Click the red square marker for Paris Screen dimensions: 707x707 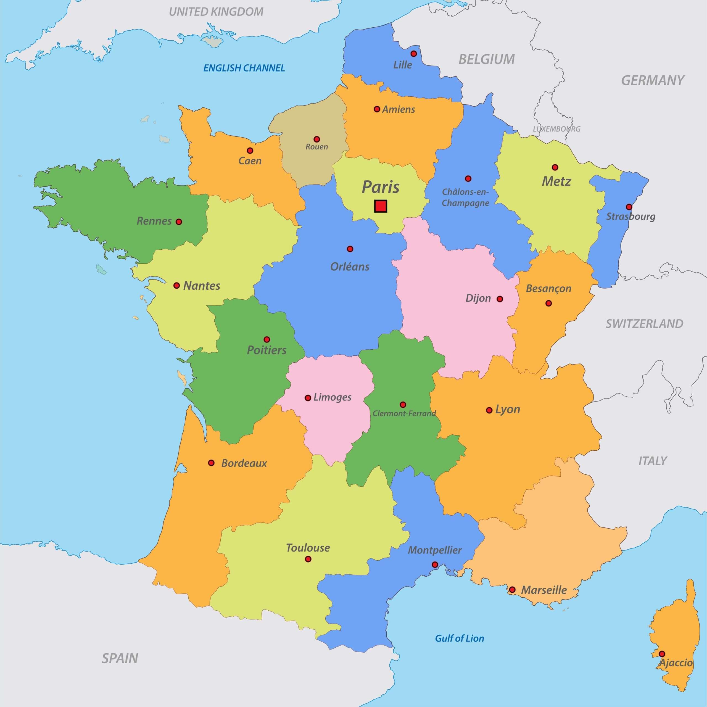click(x=381, y=206)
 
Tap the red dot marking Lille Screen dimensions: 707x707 click(x=413, y=54)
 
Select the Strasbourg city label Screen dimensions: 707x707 click(x=631, y=216)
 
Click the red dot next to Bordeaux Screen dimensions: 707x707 click(x=211, y=463)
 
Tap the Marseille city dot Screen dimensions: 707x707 click(x=512, y=590)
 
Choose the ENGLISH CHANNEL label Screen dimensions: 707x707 click(x=244, y=68)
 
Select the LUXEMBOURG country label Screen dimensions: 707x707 click(x=556, y=129)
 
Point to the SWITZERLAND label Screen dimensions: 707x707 click(x=644, y=323)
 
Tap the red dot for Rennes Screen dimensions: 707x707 click(x=179, y=222)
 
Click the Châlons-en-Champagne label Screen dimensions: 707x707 click(x=465, y=197)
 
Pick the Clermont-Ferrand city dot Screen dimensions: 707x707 click(x=403, y=405)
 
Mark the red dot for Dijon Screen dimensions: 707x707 click(x=500, y=299)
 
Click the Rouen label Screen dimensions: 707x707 click(x=316, y=147)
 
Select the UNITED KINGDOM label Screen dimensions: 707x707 click(x=216, y=12)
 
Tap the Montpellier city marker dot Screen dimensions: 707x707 click(x=435, y=565)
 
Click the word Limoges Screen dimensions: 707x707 click(x=332, y=397)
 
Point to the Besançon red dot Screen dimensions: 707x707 click(x=548, y=303)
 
